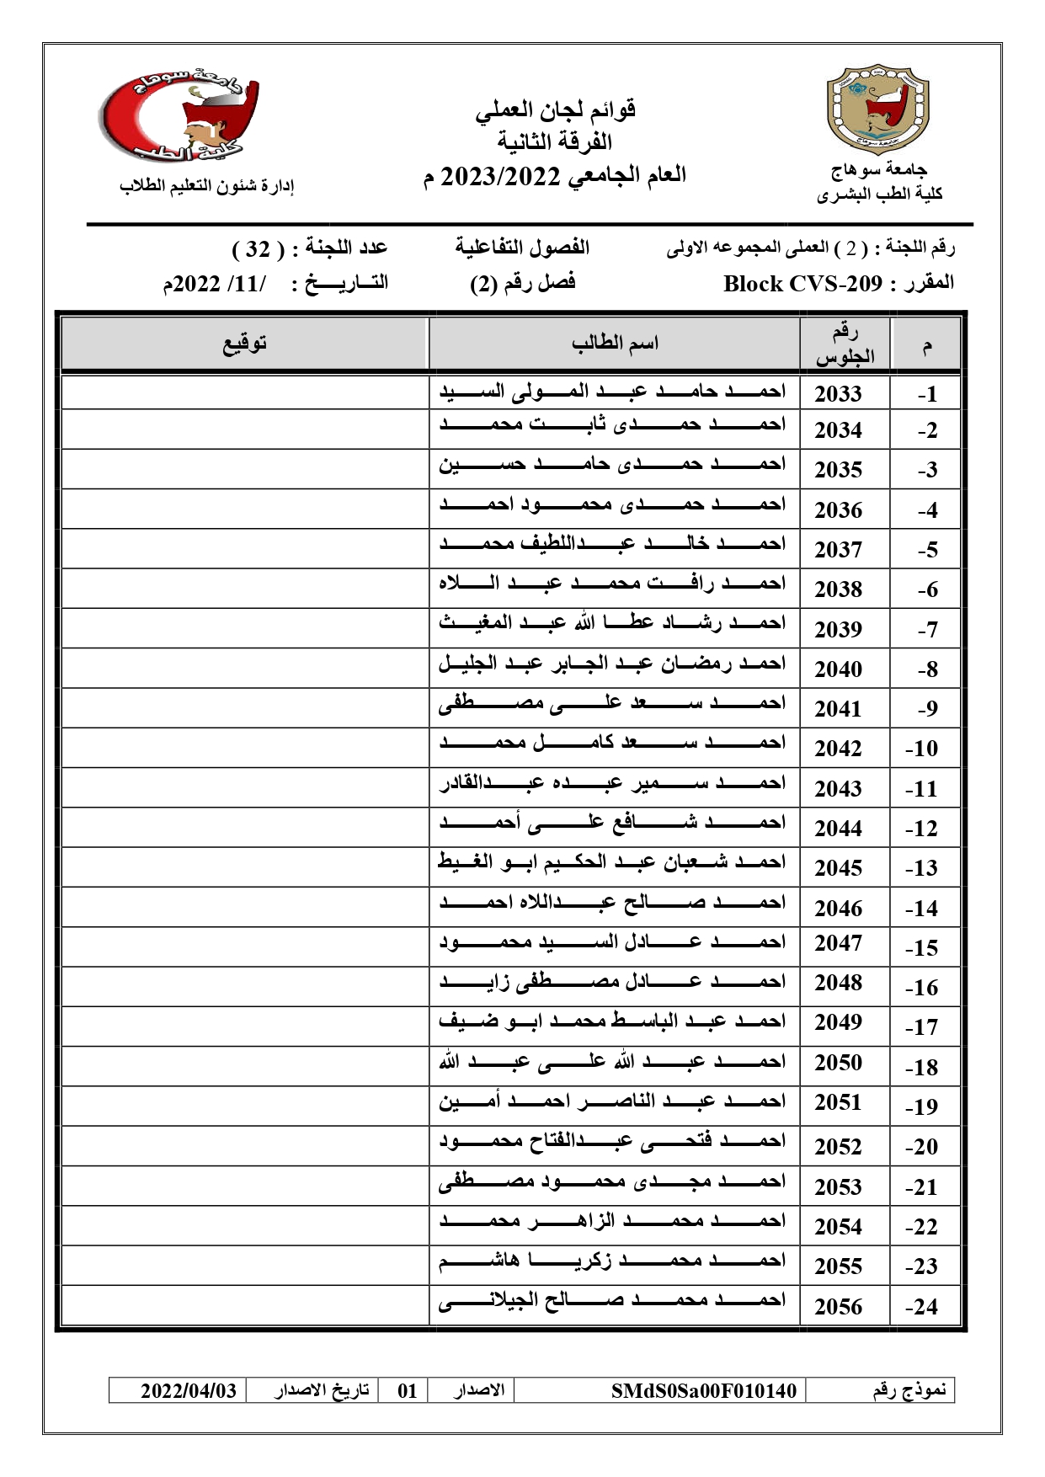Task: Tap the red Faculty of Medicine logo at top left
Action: (179, 115)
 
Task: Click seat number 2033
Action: (838, 393)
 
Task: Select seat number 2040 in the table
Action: (838, 669)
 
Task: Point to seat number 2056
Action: (838, 1306)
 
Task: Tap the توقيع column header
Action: (244, 344)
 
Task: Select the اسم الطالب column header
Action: (615, 344)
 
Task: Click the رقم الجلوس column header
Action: (845, 344)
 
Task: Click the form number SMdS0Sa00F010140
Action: (703, 1390)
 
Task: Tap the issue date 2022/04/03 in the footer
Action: (188, 1390)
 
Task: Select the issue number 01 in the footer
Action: (408, 1390)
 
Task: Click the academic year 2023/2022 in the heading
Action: (500, 176)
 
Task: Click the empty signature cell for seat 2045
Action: (244, 867)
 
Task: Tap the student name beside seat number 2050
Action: (612, 1062)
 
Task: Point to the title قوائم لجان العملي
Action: (555, 109)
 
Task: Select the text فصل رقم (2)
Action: (523, 283)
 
